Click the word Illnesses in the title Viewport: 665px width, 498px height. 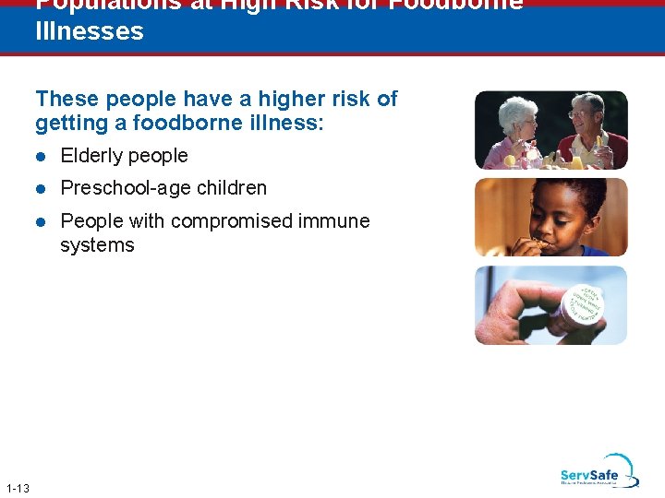[90, 31]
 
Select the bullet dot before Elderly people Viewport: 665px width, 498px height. [42, 157]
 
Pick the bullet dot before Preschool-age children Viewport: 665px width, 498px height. [42, 189]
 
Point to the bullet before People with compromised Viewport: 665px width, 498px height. [42, 222]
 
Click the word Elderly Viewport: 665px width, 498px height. [89, 156]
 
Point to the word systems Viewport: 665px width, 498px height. [97, 245]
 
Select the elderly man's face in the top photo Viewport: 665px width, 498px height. [584, 118]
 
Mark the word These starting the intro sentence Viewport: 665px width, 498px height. [66, 99]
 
